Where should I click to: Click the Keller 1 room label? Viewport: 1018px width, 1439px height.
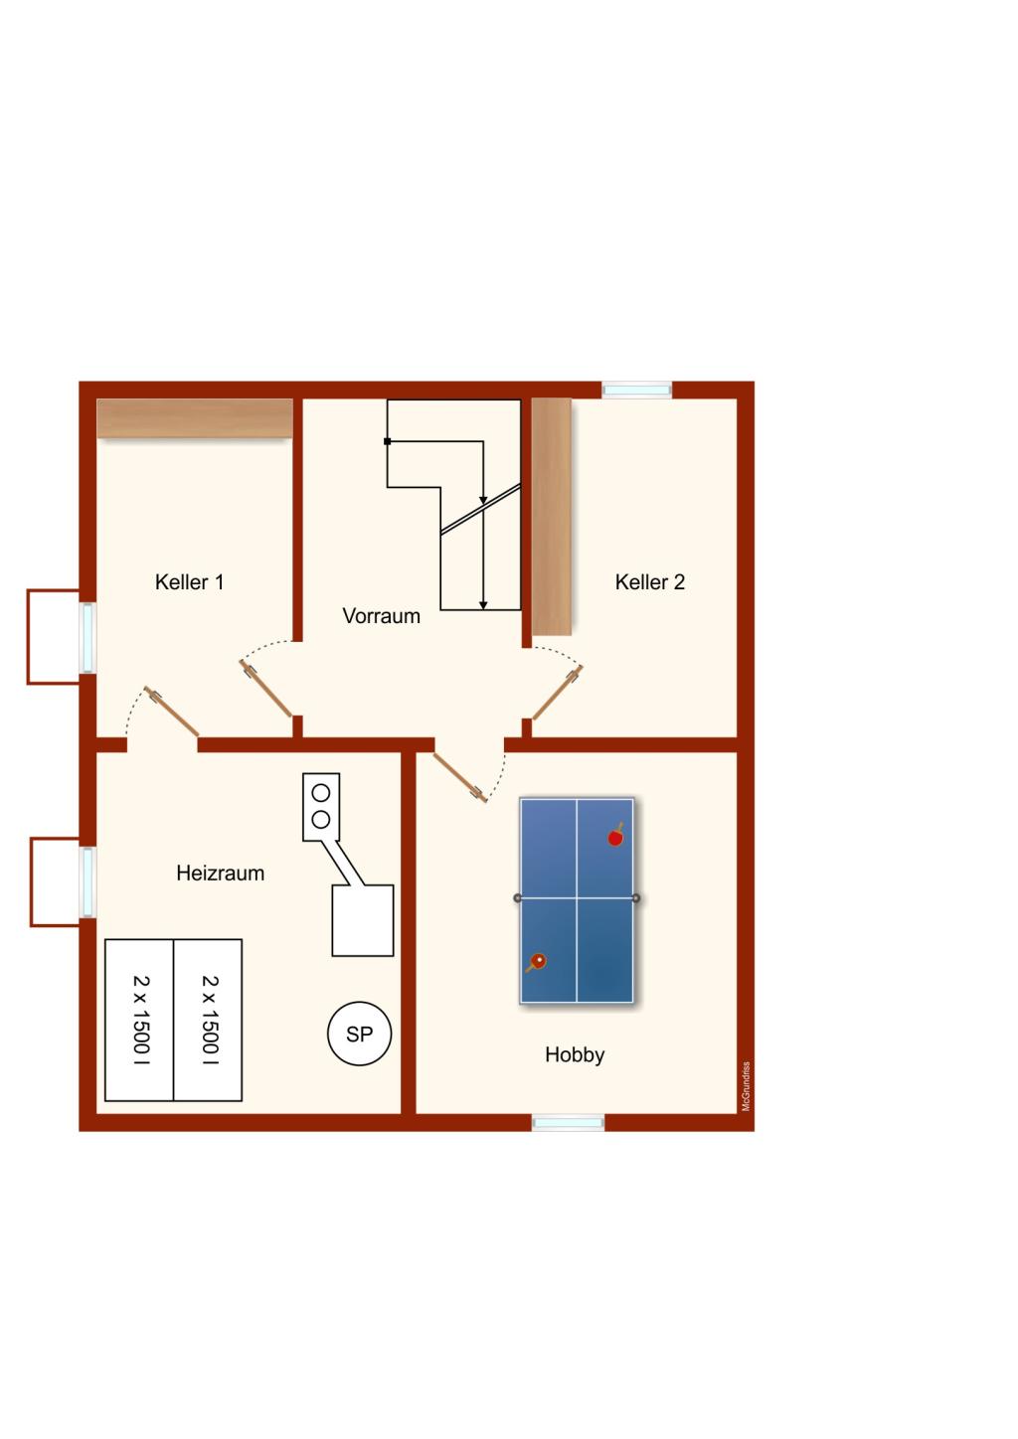(189, 582)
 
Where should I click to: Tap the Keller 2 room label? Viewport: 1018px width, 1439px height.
(650, 582)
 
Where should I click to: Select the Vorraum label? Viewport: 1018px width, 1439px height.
(381, 616)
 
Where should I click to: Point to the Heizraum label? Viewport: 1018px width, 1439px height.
(221, 873)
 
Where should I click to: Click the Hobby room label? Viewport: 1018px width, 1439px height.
(575, 1054)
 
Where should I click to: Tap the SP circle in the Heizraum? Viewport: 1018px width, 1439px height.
(359, 1034)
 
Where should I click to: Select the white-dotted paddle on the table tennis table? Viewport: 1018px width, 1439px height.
(536, 962)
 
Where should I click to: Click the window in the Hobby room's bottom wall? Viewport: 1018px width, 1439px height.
(568, 1122)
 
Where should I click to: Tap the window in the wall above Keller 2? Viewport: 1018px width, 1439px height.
(637, 390)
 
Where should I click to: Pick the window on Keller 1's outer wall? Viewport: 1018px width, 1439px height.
(87, 638)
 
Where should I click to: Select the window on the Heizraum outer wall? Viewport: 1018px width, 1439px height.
(87, 882)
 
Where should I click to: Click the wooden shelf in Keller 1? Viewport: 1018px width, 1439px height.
(195, 418)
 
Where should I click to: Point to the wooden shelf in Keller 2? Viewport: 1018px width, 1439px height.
(552, 517)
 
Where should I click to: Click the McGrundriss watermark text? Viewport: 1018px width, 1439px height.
(747, 1086)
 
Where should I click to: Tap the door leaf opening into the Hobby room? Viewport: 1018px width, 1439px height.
(459, 777)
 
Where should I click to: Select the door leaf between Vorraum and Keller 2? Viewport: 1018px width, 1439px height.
(557, 693)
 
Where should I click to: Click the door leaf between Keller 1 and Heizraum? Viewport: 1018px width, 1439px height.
(172, 712)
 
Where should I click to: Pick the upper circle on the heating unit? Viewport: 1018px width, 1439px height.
(321, 793)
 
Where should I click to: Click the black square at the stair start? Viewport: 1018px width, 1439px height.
(387, 441)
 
